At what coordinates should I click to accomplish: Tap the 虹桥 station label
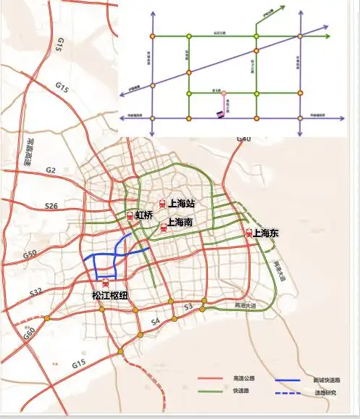tap(144, 215)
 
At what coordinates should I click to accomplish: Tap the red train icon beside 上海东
tap(249, 233)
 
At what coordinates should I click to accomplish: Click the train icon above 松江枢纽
tap(106, 283)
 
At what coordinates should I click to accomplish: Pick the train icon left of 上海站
tap(164, 204)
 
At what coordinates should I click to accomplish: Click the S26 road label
tap(51, 206)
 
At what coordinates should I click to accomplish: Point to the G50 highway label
tap(30, 254)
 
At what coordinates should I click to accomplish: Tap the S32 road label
tap(35, 292)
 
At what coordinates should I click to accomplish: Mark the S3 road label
tap(188, 308)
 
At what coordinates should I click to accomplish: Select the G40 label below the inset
tap(243, 139)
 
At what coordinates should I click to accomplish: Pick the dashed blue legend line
tap(288, 394)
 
